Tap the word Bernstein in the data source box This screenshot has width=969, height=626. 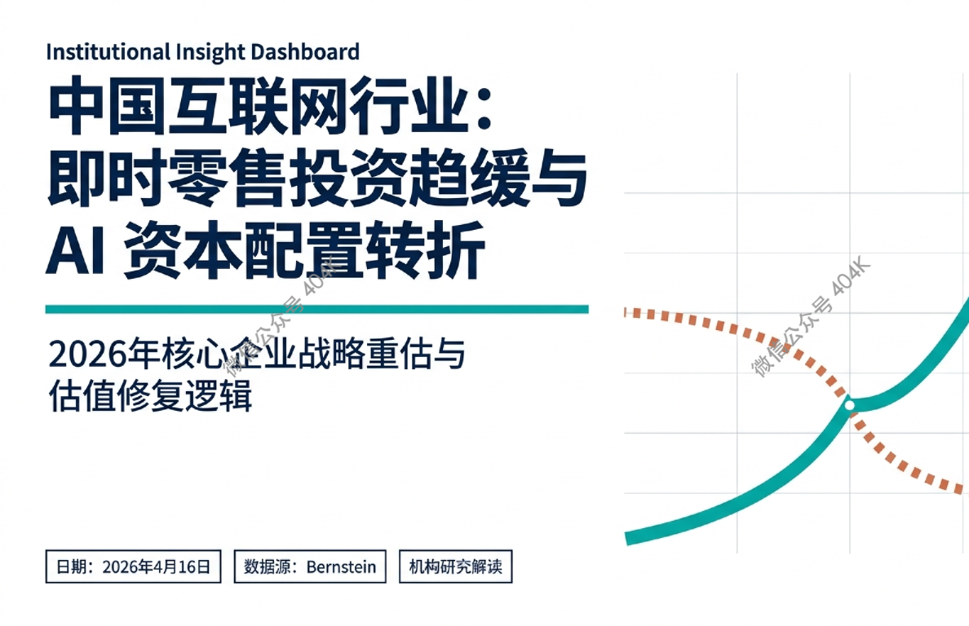(342, 566)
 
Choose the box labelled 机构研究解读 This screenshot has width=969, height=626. (455, 566)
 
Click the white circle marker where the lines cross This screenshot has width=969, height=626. (849, 404)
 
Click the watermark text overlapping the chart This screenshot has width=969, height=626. (812, 318)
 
